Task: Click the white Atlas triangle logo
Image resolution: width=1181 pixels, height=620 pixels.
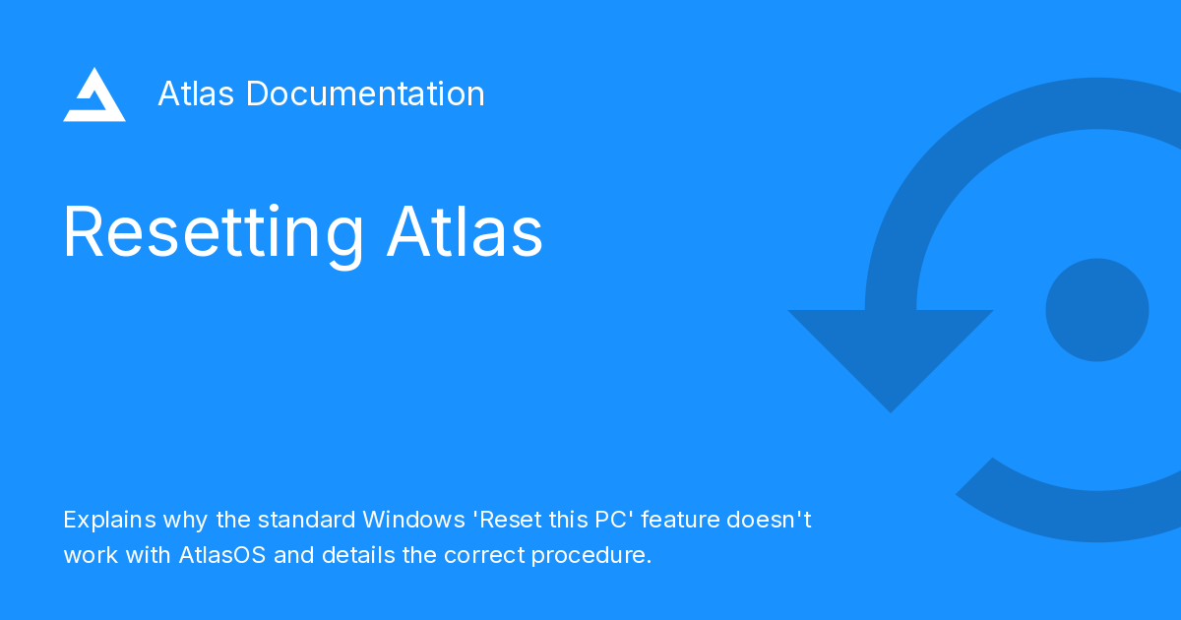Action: point(94,95)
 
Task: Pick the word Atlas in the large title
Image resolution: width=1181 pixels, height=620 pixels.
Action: point(465,233)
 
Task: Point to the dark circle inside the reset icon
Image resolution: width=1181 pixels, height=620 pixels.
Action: point(1096,310)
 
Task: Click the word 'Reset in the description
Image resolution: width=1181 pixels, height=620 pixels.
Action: point(507,519)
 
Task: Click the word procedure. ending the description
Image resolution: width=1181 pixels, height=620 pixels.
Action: point(591,555)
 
